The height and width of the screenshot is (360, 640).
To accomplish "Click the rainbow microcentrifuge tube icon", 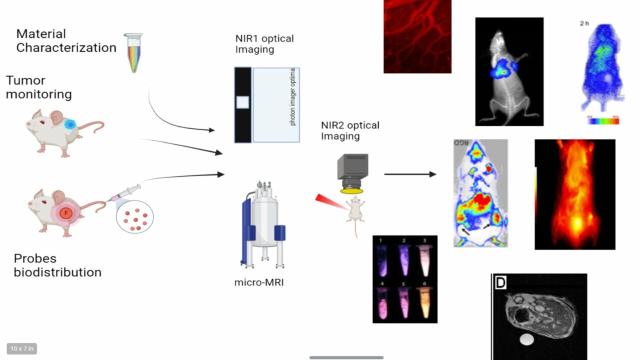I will point(133,52).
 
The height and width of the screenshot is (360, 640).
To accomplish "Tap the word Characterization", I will point(66,48).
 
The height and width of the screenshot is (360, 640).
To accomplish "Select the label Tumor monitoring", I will point(38,87).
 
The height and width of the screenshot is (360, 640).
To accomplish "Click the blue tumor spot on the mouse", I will point(70,124).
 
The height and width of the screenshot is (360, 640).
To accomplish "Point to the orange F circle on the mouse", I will point(64,213).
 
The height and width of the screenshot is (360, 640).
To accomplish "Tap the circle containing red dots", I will point(134,216).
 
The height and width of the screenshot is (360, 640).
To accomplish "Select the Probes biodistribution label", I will point(57,265).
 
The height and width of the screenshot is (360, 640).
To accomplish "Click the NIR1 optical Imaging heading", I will point(264,44).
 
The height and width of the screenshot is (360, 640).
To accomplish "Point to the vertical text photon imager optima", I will point(293,98).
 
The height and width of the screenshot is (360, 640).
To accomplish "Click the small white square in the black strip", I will point(242,102).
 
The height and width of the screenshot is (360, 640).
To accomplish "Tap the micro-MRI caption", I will point(259,282).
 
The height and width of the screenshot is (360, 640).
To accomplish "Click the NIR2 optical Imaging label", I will point(350,130).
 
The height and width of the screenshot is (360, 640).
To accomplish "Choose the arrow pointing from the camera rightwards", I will point(410,174).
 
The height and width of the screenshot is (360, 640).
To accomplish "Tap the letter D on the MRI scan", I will point(500,283).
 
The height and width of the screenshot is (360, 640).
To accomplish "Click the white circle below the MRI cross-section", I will point(526,340).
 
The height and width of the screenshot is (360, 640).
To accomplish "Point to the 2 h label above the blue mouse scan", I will point(584,23).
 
